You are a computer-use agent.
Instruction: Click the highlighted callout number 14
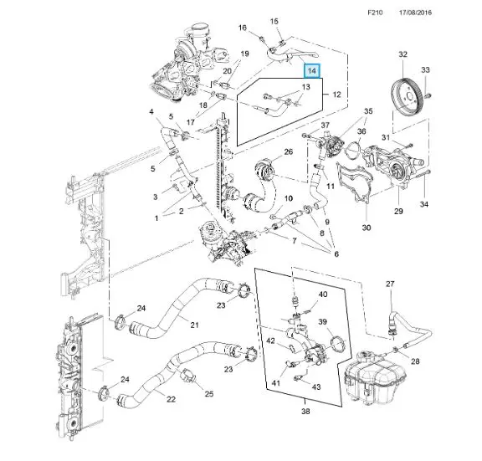[312, 71]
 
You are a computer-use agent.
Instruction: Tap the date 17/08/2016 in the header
[415, 13]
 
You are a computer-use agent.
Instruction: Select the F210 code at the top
[375, 13]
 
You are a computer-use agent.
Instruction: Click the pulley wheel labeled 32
[406, 97]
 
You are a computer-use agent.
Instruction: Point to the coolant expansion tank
[375, 377]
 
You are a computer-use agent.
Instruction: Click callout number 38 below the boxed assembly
[305, 411]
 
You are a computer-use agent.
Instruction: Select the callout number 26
[289, 151]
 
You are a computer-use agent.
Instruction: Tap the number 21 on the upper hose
[194, 325]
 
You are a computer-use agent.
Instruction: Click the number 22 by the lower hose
[171, 399]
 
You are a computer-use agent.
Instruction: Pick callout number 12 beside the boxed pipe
[337, 94]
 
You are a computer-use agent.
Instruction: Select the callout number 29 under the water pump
[398, 211]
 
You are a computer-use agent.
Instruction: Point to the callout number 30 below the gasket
[367, 228]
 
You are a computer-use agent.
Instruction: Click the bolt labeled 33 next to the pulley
[428, 95]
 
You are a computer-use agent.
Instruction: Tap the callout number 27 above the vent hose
[390, 284]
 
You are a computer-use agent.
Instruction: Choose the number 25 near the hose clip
[209, 394]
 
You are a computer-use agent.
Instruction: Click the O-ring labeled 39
[337, 344]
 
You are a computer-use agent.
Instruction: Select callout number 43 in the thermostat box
[316, 387]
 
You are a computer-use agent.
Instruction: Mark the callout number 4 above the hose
[151, 111]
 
